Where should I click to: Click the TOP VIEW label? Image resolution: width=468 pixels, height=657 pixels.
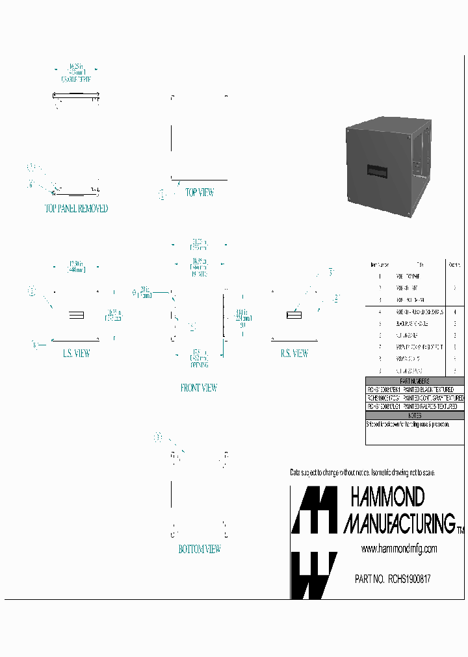point(200,193)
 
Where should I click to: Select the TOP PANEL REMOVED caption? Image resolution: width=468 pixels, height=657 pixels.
point(76,209)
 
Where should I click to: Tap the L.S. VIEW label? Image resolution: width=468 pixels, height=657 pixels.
point(76,354)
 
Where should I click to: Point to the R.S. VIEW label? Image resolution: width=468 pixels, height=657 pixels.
point(294,354)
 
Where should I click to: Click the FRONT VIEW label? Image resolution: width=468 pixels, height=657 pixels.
point(199,388)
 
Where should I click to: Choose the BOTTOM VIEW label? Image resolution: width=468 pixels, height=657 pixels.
point(200,549)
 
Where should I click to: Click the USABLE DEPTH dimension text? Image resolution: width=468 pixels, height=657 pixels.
point(76,79)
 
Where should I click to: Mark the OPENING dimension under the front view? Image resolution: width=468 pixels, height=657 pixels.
point(199,365)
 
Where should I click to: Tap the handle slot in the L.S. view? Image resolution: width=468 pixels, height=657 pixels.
point(76,316)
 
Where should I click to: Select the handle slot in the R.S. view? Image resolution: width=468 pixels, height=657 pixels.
point(294,316)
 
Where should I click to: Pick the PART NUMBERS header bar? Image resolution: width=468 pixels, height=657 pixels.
point(415,381)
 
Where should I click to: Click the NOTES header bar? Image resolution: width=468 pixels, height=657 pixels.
point(415,415)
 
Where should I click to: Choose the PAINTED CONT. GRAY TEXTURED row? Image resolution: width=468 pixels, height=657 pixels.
point(415,397)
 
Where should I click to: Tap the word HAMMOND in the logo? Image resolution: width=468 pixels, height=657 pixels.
point(387,498)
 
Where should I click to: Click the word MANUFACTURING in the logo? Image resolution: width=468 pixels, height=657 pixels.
point(399,523)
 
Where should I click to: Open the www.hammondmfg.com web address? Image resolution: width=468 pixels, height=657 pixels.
point(398,549)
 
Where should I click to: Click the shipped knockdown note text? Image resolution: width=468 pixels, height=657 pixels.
point(415,423)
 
